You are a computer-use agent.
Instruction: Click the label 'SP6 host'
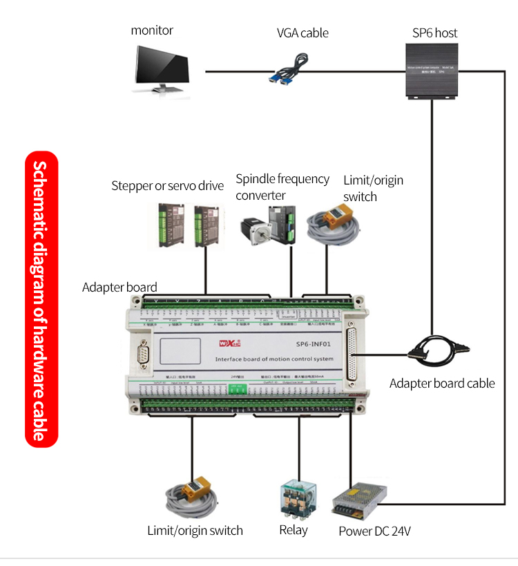click(435, 32)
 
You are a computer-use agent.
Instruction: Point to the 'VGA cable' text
click(303, 33)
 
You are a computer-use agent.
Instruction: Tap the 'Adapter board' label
click(119, 287)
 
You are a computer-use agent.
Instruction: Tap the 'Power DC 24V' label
click(375, 531)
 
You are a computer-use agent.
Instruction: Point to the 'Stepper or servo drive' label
click(168, 186)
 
